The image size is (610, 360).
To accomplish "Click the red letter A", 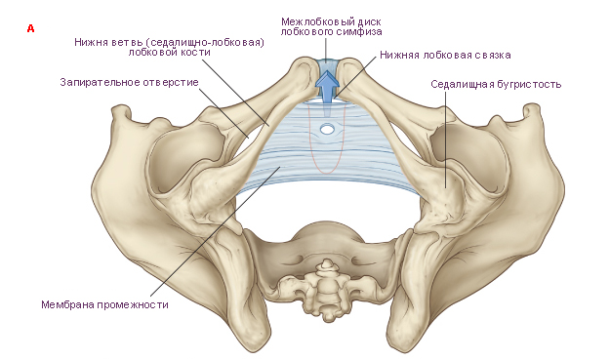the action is pyautogui.click(x=30, y=28).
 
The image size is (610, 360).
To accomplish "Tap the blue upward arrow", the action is pyautogui.click(x=327, y=87).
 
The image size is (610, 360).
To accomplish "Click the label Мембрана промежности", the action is pyautogui.click(x=104, y=304).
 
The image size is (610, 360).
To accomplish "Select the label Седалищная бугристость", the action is pyautogui.click(x=496, y=84).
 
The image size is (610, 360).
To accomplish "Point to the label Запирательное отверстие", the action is pyautogui.click(x=129, y=82).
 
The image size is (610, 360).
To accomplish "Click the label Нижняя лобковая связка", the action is pyautogui.click(x=445, y=56).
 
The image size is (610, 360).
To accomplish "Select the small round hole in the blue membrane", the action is pyautogui.click(x=327, y=129).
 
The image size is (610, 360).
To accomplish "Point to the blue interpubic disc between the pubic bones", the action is pyautogui.click(x=327, y=65).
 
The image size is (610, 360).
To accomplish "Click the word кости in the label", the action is pyautogui.click(x=196, y=52).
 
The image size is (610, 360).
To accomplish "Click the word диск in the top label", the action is pyautogui.click(x=370, y=21).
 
